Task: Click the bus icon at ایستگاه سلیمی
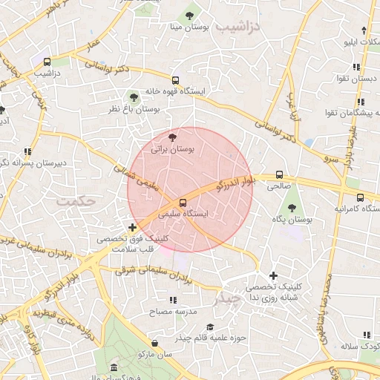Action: pyautogui.click(x=183, y=202)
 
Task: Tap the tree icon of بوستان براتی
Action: pyautogui.click(x=172, y=137)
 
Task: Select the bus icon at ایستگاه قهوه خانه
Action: pyautogui.click(x=175, y=80)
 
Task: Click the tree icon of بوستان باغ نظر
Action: pyautogui.click(x=134, y=96)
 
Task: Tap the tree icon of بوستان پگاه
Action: pyautogui.click(x=292, y=208)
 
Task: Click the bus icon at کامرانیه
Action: pyautogui.click(x=360, y=198)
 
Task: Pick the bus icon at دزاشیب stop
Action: pyautogui.click(x=47, y=62)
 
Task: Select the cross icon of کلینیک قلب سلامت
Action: pyautogui.click(x=132, y=227)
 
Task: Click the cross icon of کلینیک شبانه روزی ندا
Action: pyautogui.click(x=273, y=275)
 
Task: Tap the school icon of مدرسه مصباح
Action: pyautogui.click(x=172, y=300)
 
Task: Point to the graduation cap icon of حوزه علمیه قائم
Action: pyautogui.click(x=210, y=327)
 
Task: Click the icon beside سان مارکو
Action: pyautogui.click(x=154, y=343)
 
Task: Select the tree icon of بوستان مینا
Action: pyautogui.click(x=189, y=15)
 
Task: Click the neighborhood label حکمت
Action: pyautogui.click(x=77, y=201)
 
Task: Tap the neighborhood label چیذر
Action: pyautogui.click(x=226, y=299)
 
